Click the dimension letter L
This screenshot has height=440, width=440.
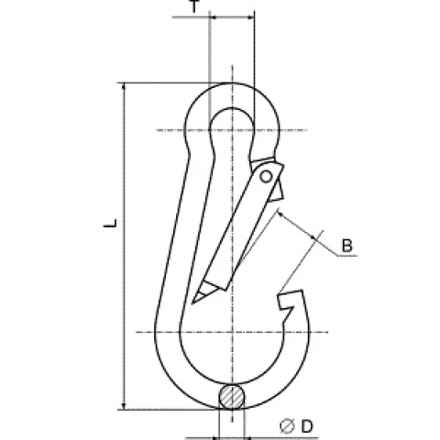pyautogui.click(x=111, y=223)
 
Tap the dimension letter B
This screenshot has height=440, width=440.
pyautogui.click(x=346, y=246)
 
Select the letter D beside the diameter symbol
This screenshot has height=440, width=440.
pyautogui.click(x=307, y=426)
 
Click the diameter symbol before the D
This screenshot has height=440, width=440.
pyautogui.click(x=287, y=426)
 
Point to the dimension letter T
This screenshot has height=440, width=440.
pyautogui.click(x=194, y=6)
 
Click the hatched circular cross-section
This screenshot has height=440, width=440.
pyautogui.click(x=232, y=396)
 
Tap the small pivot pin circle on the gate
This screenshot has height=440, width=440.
pyautogui.click(x=266, y=177)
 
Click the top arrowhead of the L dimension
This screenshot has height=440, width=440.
pyautogui.click(x=124, y=86)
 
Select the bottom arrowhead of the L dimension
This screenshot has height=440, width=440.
pyautogui.click(x=124, y=405)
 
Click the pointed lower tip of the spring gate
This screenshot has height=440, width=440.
pyautogui.click(x=192, y=303)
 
